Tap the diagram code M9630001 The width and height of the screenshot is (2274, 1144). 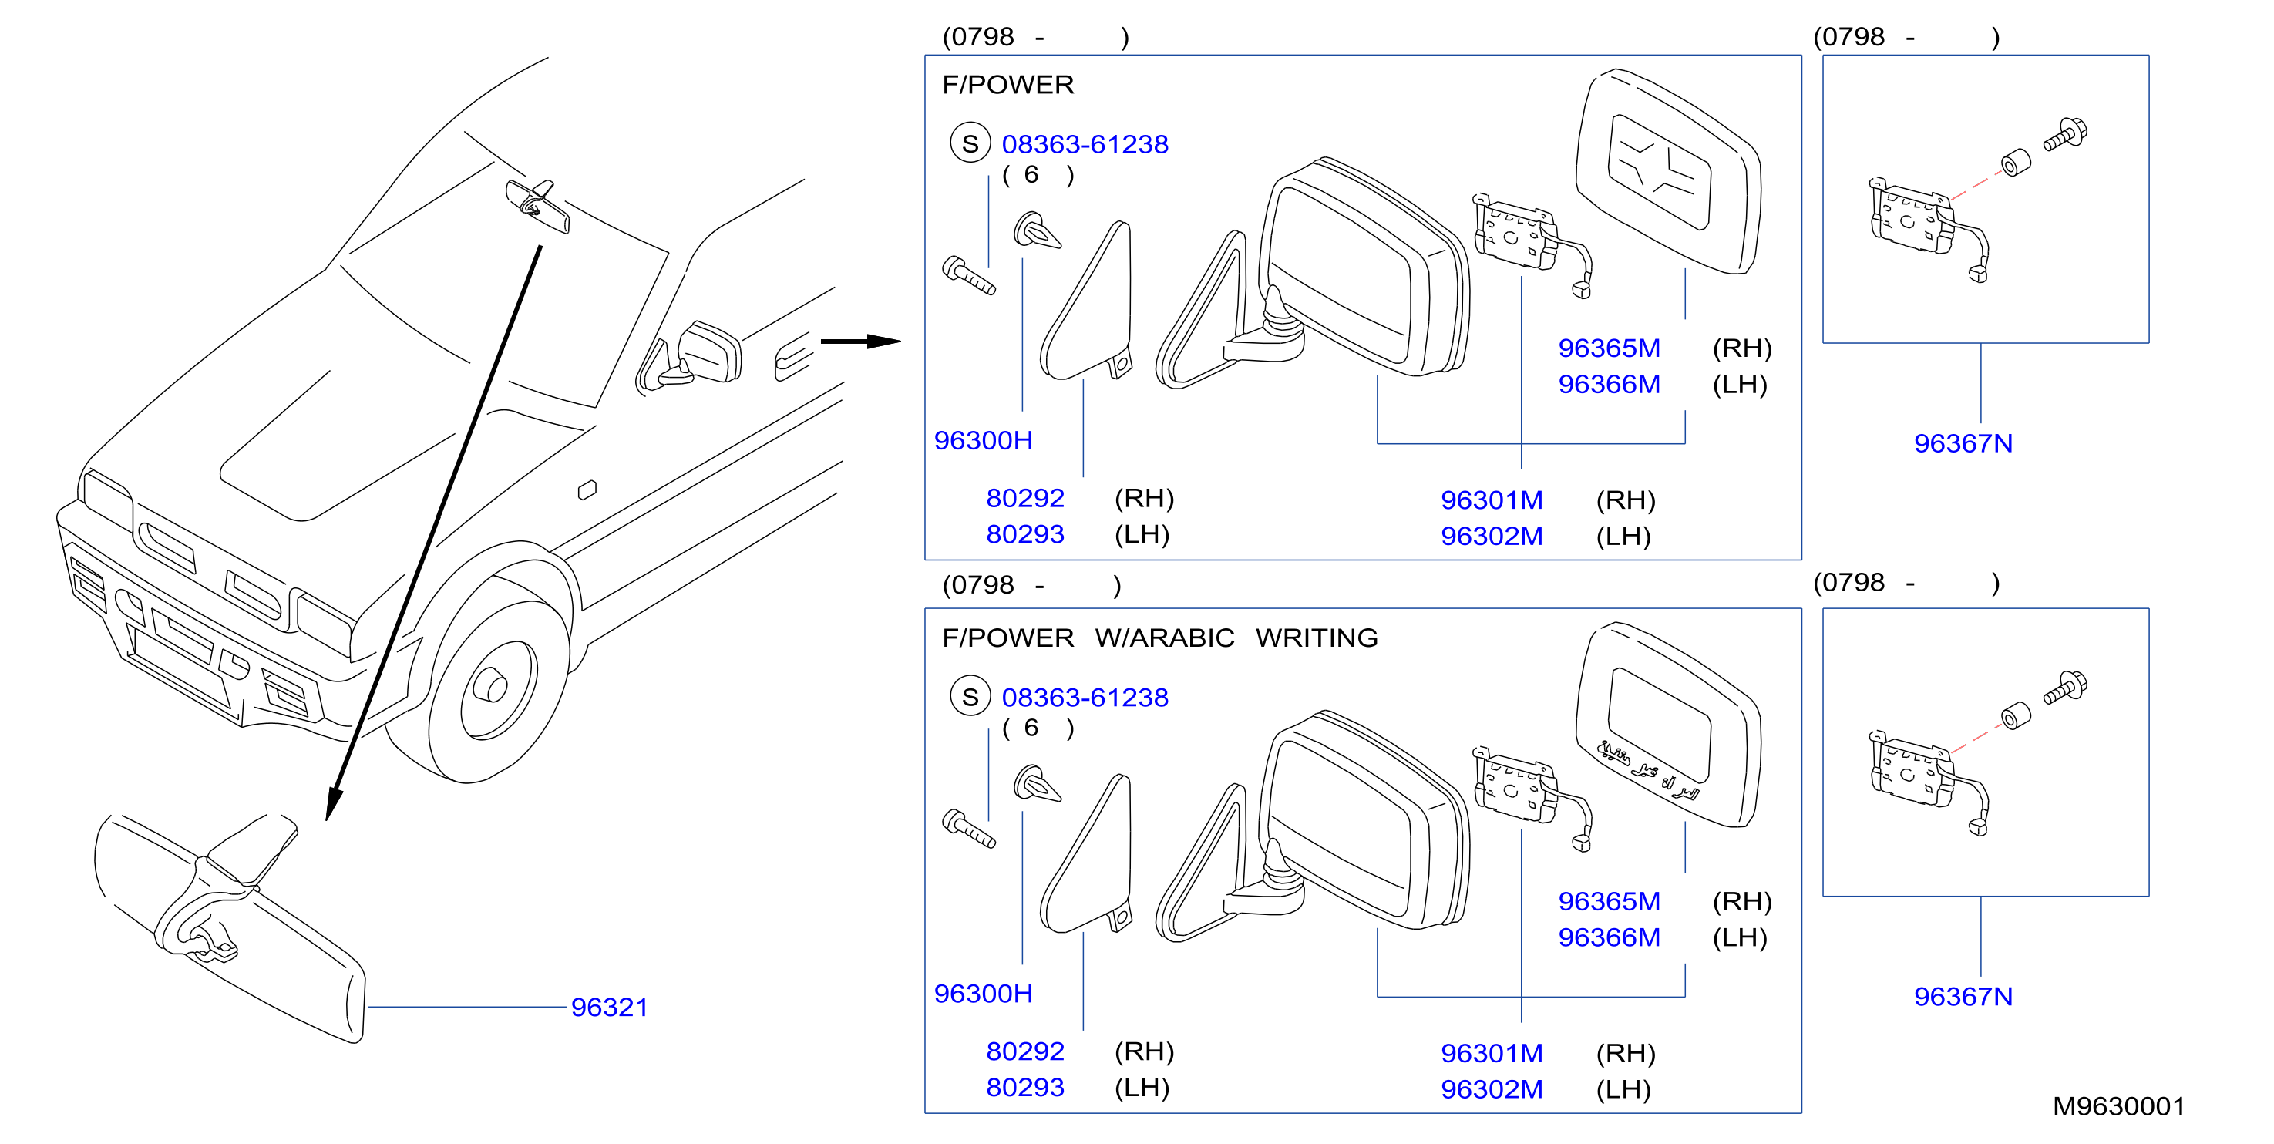[2118, 1106]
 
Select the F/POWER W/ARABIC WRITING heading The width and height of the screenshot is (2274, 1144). [1160, 638]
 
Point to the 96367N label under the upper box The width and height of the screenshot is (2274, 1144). [1963, 443]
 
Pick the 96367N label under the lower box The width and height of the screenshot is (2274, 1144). [1963, 997]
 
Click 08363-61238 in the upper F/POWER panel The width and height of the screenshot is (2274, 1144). [1085, 144]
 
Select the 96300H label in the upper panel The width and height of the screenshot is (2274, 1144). [984, 439]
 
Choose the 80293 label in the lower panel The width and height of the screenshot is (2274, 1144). [1025, 1087]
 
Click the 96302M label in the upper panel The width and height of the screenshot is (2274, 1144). [1492, 536]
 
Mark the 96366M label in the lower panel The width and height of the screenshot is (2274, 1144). [1610, 937]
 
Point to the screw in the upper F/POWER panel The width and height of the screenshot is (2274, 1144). [968, 275]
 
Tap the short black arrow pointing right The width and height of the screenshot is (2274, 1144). [861, 342]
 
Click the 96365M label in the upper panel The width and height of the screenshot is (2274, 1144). [1610, 348]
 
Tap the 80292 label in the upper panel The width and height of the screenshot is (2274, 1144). [1025, 498]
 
